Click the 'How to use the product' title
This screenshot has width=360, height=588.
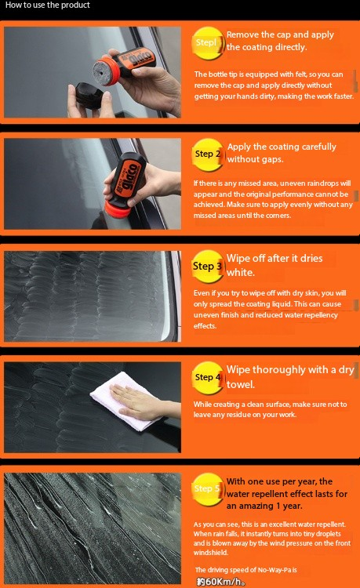point(48,5)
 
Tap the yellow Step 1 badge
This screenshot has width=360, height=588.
point(208,43)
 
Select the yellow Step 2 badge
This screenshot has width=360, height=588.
point(208,154)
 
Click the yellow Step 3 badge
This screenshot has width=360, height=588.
point(208,267)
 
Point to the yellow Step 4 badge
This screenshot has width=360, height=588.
point(208,378)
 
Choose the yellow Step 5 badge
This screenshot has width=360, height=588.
point(208,489)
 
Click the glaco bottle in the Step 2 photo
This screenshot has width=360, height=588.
point(125,184)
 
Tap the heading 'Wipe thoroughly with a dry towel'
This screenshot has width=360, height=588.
point(290,377)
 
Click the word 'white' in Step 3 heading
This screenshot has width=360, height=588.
point(240,273)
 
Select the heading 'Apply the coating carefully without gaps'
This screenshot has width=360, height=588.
point(282,153)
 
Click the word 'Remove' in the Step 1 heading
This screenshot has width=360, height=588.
point(242,34)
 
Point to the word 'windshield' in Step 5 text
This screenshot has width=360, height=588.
point(210,553)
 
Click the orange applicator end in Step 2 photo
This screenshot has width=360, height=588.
point(117,209)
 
